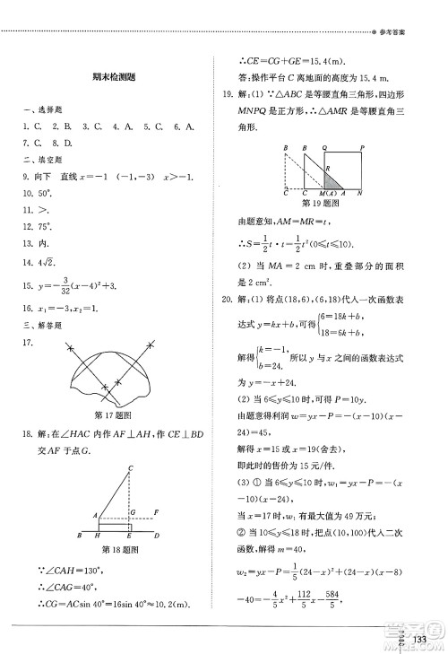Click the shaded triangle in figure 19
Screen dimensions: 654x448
(x=329, y=179)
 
